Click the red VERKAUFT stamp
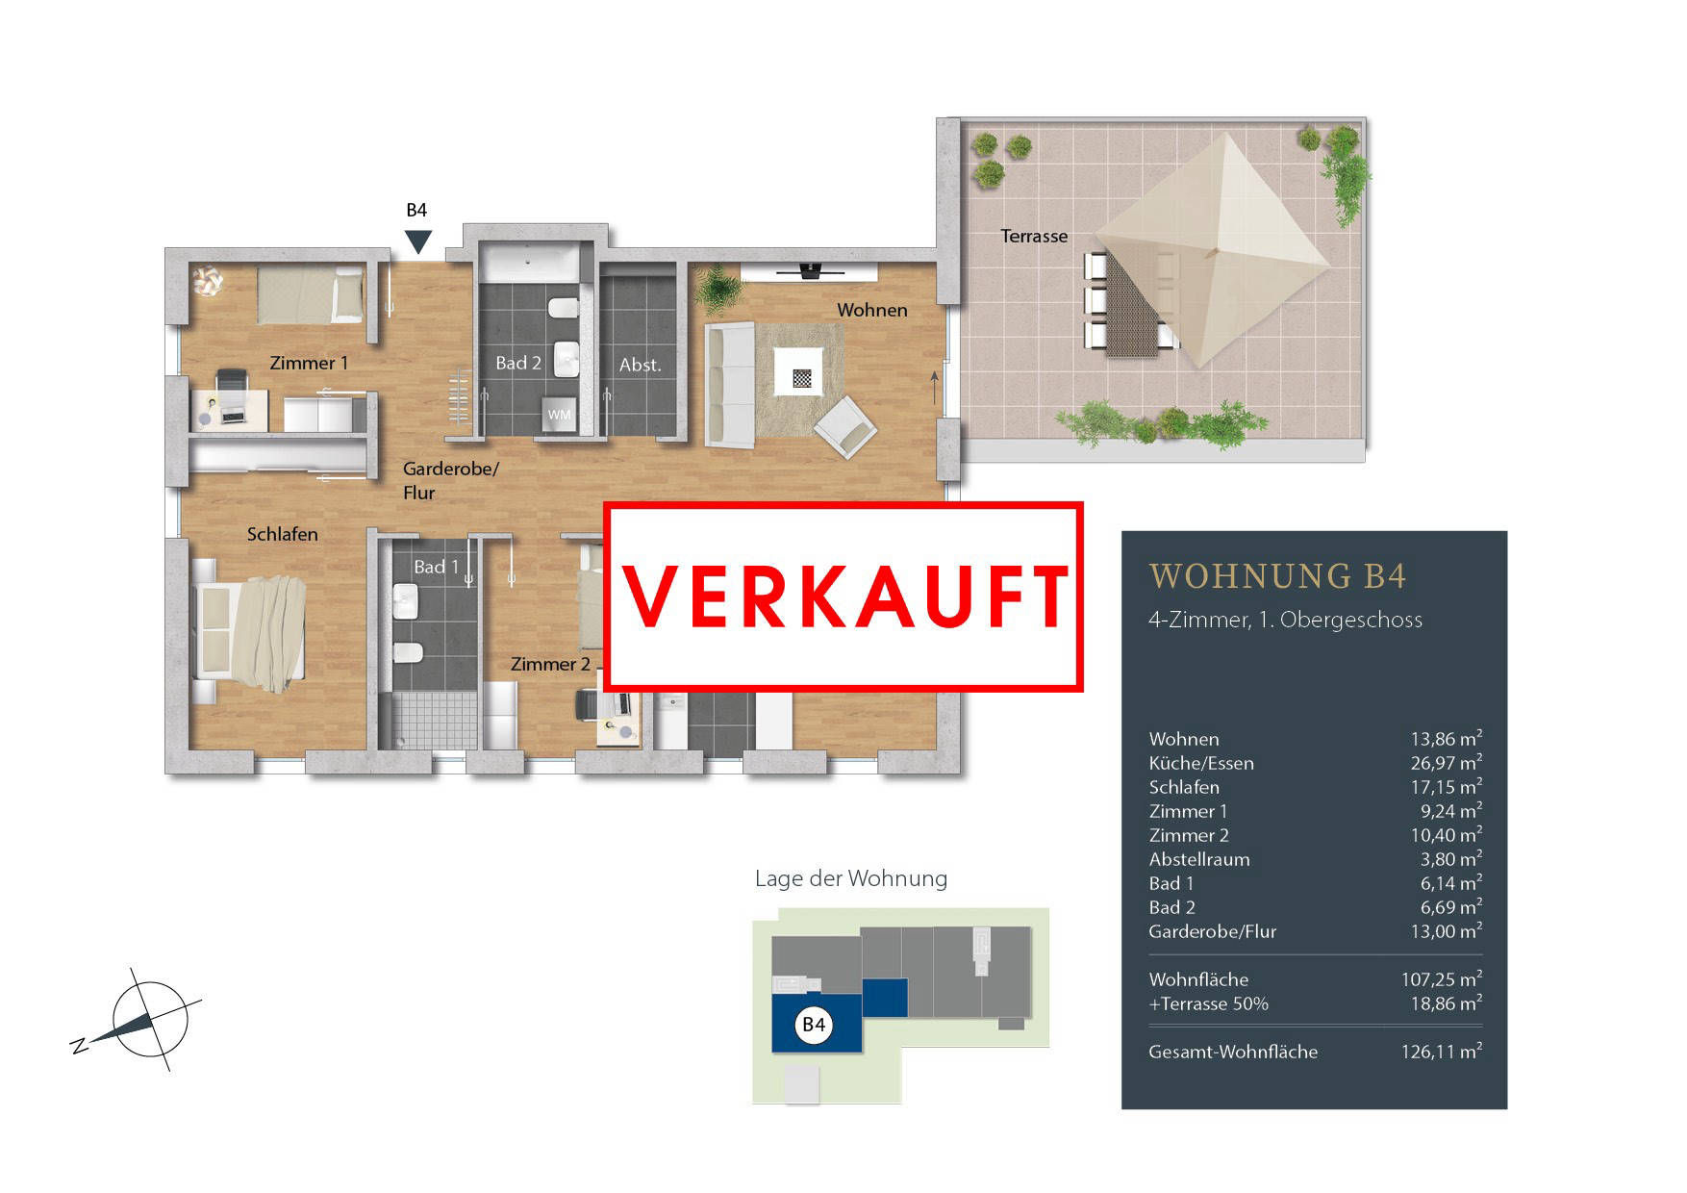[x=843, y=596]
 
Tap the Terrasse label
[x=1034, y=236]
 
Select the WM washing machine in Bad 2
[x=559, y=415]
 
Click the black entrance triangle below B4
[x=417, y=241]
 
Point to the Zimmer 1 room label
[x=309, y=363]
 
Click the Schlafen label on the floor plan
[x=282, y=534]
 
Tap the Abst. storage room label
[x=641, y=365]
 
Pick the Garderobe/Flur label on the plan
[x=450, y=480]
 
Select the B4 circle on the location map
[x=814, y=1025]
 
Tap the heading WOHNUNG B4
[x=1277, y=576]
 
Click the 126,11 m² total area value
[x=1441, y=1052]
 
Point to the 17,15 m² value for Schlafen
[x=1446, y=787]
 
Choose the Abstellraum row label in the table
[x=1199, y=859]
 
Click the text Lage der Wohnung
[x=851, y=878]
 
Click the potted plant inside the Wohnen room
[x=716, y=288]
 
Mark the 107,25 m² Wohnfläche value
[x=1441, y=979]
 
